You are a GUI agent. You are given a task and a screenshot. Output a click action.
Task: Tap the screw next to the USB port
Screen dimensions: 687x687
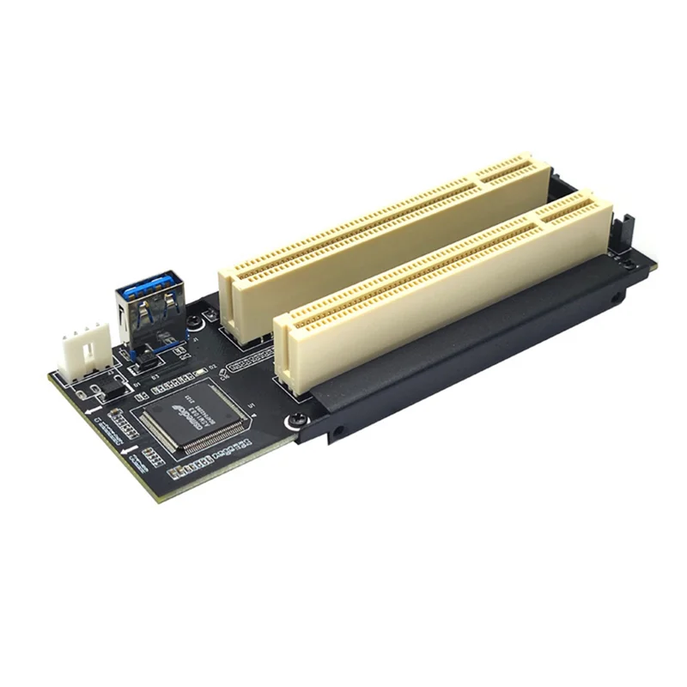198,321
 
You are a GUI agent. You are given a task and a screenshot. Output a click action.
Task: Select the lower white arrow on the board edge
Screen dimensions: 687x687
129,447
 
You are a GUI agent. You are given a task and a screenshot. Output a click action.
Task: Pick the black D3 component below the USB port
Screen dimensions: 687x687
148,365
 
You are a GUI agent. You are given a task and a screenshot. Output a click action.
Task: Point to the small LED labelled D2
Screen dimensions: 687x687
200,371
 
